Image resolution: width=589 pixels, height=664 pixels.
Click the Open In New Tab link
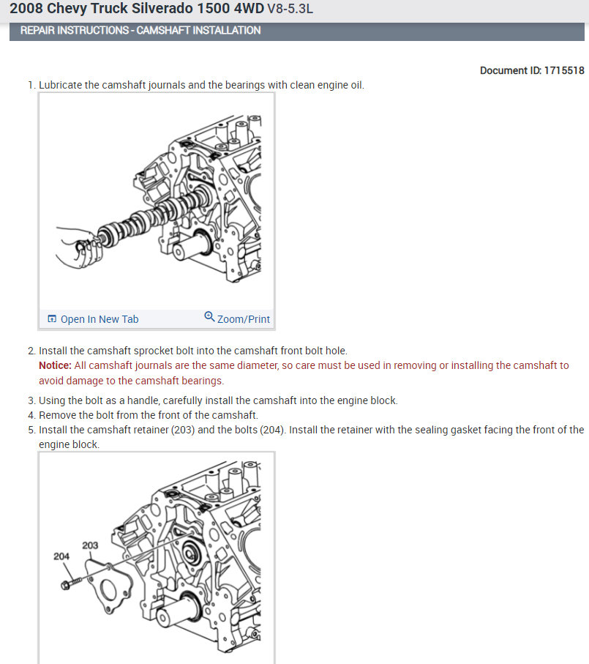[x=99, y=319]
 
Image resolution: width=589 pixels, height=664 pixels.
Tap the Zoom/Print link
[x=243, y=319]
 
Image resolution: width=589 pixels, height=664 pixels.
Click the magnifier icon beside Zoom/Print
[x=209, y=318]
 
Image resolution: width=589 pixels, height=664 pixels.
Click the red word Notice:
[x=55, y=365]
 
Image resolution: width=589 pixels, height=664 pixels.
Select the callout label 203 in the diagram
[x=90, y=545]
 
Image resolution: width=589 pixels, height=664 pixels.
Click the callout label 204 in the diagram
[x=62, y=556]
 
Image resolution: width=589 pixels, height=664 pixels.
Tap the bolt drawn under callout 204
[x=69, y=583]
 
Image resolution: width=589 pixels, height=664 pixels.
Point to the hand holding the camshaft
[x=76, y=245]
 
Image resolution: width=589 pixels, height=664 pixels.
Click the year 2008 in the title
[x=24, y=10]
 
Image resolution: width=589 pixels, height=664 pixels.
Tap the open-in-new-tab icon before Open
[x=52, y=319]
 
